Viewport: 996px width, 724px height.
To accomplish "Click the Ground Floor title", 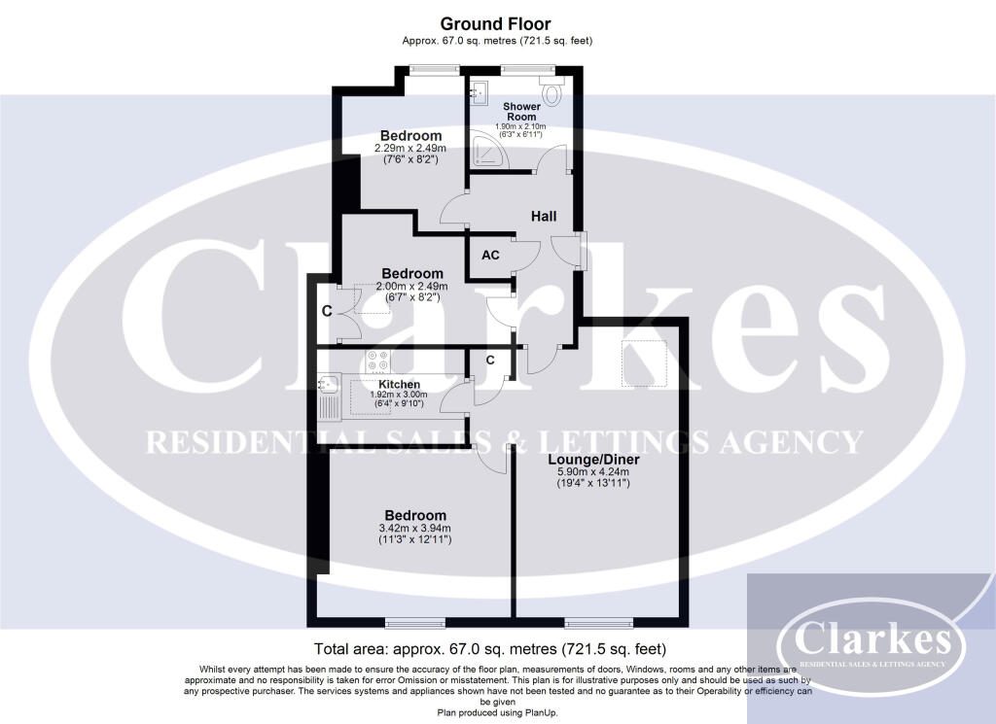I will point(497,23).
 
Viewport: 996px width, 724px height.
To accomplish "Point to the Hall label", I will point(544,216).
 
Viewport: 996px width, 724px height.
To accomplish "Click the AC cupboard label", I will point(490,255).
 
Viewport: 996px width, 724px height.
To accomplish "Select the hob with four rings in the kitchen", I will point(377,361).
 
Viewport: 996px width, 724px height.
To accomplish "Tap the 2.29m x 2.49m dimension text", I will point(410,149).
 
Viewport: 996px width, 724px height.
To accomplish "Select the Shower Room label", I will point(521,111).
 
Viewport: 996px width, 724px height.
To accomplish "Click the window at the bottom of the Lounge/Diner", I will point(594,622).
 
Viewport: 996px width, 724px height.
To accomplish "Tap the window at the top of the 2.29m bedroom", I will point(433,67).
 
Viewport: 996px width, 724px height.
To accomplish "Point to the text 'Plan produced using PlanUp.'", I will point(497,712).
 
